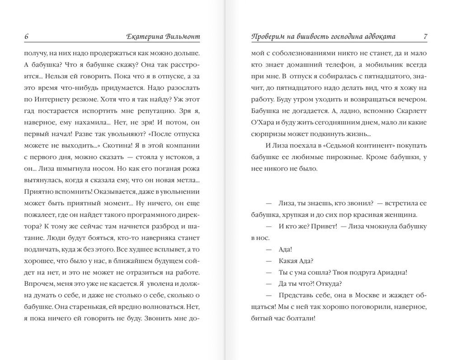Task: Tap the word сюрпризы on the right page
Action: [268, 134]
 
